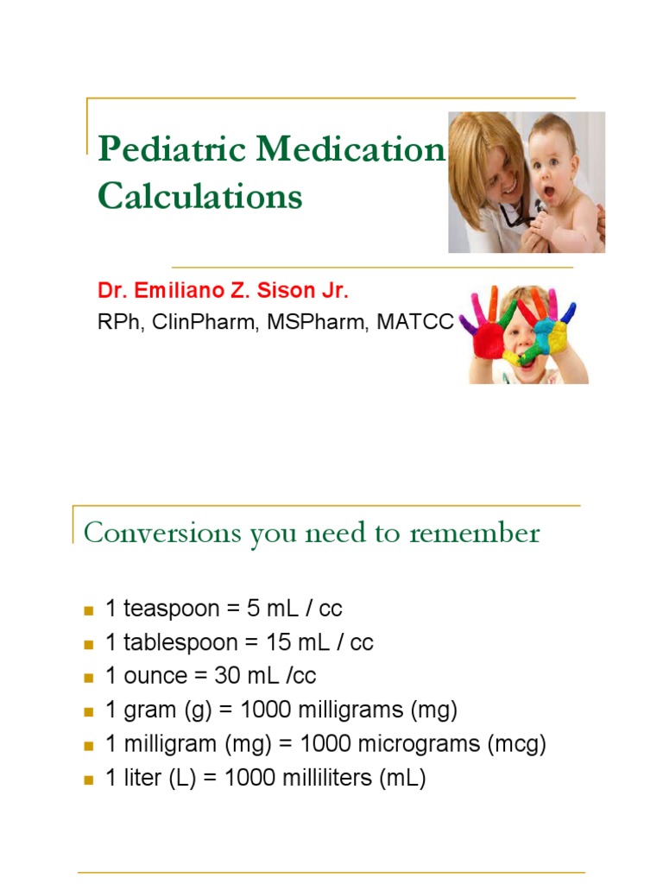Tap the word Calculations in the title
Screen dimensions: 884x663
[x=199, y=196]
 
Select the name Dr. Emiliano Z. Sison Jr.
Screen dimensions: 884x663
[x=224, y=291]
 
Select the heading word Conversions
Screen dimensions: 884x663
[x=163, y=533]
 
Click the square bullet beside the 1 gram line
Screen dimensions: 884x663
[x=87, y=711]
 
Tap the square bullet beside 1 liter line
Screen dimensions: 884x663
[x=87, y=780]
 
